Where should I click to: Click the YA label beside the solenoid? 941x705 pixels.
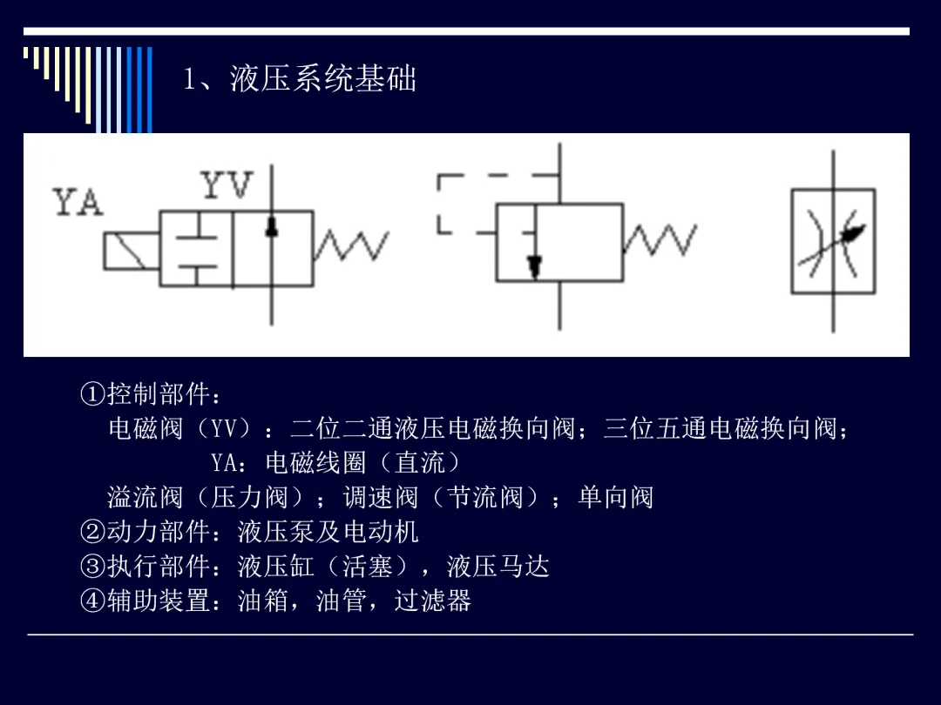click(x=78, y=202)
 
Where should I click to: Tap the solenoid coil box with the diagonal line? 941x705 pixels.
click(x=132, y=252)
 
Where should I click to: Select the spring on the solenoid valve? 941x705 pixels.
click(x=351, y=245)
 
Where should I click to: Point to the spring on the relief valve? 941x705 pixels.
click(x=660, y=240)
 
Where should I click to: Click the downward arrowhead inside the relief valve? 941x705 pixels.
click(x=534, y=267)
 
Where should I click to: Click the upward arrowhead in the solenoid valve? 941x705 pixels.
click(x=272, y=226)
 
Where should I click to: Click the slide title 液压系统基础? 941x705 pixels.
click(x=323, y=79)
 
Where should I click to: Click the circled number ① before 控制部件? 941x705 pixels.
click(x=93, y=394)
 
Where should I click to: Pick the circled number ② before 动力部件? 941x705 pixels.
click(x=93, y=532)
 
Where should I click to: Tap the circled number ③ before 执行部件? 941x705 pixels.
click(x=93, y=567)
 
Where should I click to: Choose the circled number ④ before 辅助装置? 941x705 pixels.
click(x=93, y=601)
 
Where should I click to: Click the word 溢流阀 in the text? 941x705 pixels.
click(x=146, y=498)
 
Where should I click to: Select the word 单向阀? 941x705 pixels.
click(x=616, y=498)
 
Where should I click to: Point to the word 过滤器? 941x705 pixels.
click(x=433, y=601)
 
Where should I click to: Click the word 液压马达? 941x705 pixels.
click(x=498, y=567)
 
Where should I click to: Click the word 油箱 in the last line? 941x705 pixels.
click(x=263, y=601)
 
